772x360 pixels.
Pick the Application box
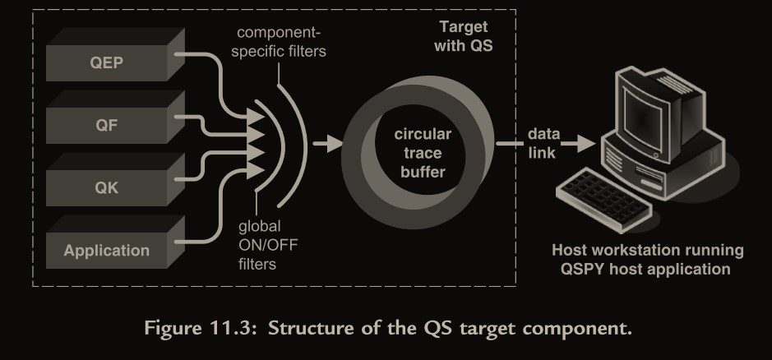point(106,249)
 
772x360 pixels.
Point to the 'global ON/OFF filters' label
point(257,245)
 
